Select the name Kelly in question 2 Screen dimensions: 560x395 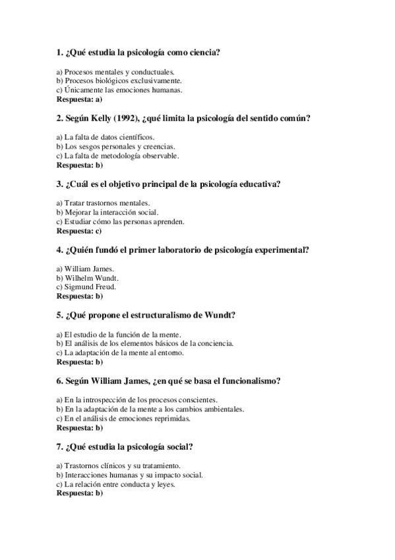(x=100, y=119)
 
